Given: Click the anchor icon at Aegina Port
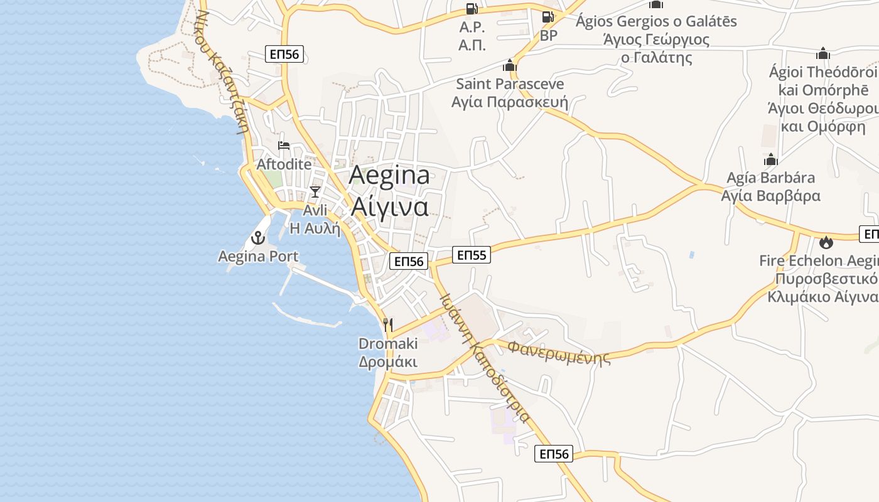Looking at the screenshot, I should (x=257, y=238).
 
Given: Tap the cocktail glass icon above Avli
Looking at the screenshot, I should (x=315, y=192).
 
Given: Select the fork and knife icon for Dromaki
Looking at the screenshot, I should (x=388, y=325).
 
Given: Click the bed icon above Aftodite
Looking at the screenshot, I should (x=284, y=146).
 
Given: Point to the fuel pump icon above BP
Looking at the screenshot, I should (x=548, y=17).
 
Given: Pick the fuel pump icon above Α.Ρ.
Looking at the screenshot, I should (x=472, y=9).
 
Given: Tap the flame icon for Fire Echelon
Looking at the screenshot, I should (x=826, y=242).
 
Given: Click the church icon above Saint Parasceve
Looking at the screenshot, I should (x=509, y=65).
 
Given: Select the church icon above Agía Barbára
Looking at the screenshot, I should (x=770, y=159).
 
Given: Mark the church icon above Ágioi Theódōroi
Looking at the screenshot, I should (x=823, y=53).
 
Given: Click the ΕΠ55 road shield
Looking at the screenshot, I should (x=472, y=255).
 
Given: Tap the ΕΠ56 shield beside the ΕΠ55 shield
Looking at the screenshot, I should (x=409, y=261).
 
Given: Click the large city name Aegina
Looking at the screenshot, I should (x=389, y=175).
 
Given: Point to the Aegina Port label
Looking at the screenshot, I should (x=258, y=256).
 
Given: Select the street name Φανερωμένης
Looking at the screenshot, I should (x=559, y=352).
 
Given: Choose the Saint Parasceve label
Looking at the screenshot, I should (x=510, y=83).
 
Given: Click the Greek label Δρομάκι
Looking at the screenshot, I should (x=388, y=362).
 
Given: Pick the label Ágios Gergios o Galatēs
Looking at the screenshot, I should (x=656, y=21).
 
